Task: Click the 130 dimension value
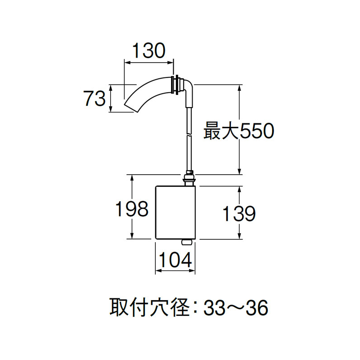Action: [148, 51]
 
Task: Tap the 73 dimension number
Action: [94, 99]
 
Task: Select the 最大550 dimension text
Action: [238, 132]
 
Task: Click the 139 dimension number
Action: [239, 214]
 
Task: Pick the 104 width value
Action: [175, 260]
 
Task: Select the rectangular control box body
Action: [175, 212]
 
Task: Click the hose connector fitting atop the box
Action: [189, 179]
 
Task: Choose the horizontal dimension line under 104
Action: [175, 271]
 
